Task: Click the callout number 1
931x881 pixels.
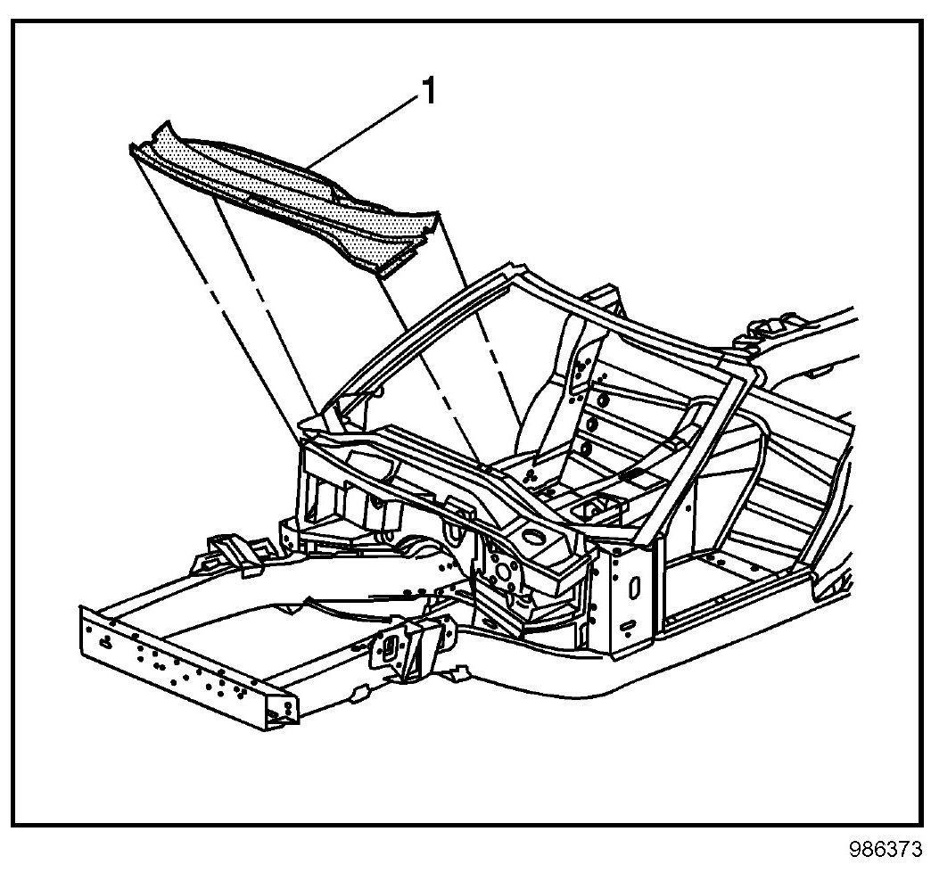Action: (429, 91)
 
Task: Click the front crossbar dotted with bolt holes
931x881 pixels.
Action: (178, 661)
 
